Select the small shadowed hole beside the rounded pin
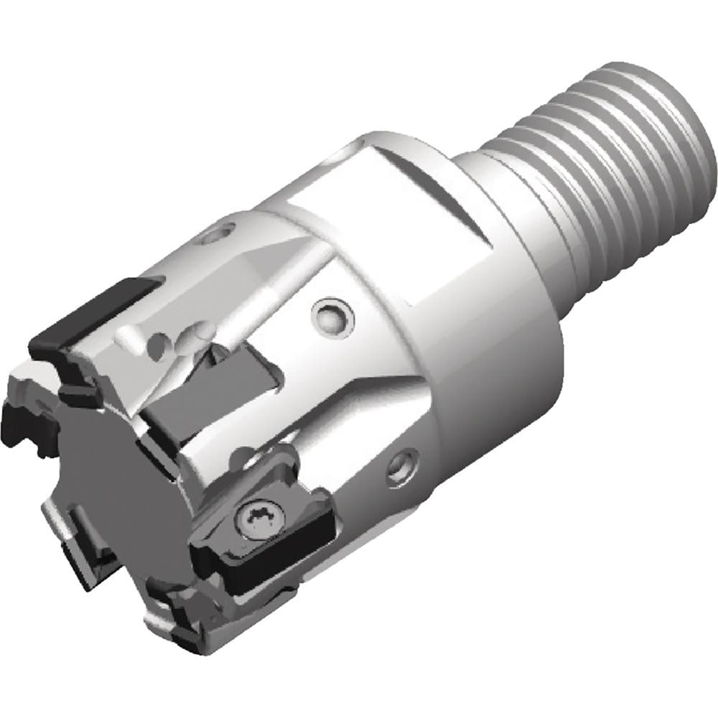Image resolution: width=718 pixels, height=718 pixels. (x=194, y=334)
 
